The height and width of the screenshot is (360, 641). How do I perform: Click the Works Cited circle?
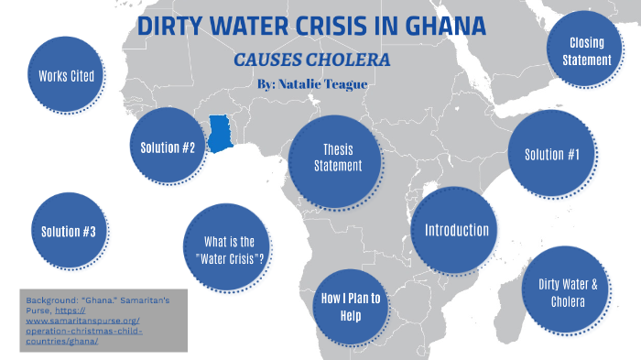[x=65, y=76]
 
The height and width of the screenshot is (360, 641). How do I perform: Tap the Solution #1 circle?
[x=552, y=154]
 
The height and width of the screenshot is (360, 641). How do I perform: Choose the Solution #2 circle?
[x=168, y=147]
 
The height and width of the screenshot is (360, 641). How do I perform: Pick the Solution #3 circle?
[x=69, y=231]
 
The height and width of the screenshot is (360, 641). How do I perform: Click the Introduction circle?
[x=456, y=230]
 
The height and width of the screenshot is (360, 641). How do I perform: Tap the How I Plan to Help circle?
[x=351, y=307]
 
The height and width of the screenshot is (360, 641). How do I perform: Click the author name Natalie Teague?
[x=340, y=82]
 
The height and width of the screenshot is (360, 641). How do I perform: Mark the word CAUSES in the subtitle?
[x=273, y=60]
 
